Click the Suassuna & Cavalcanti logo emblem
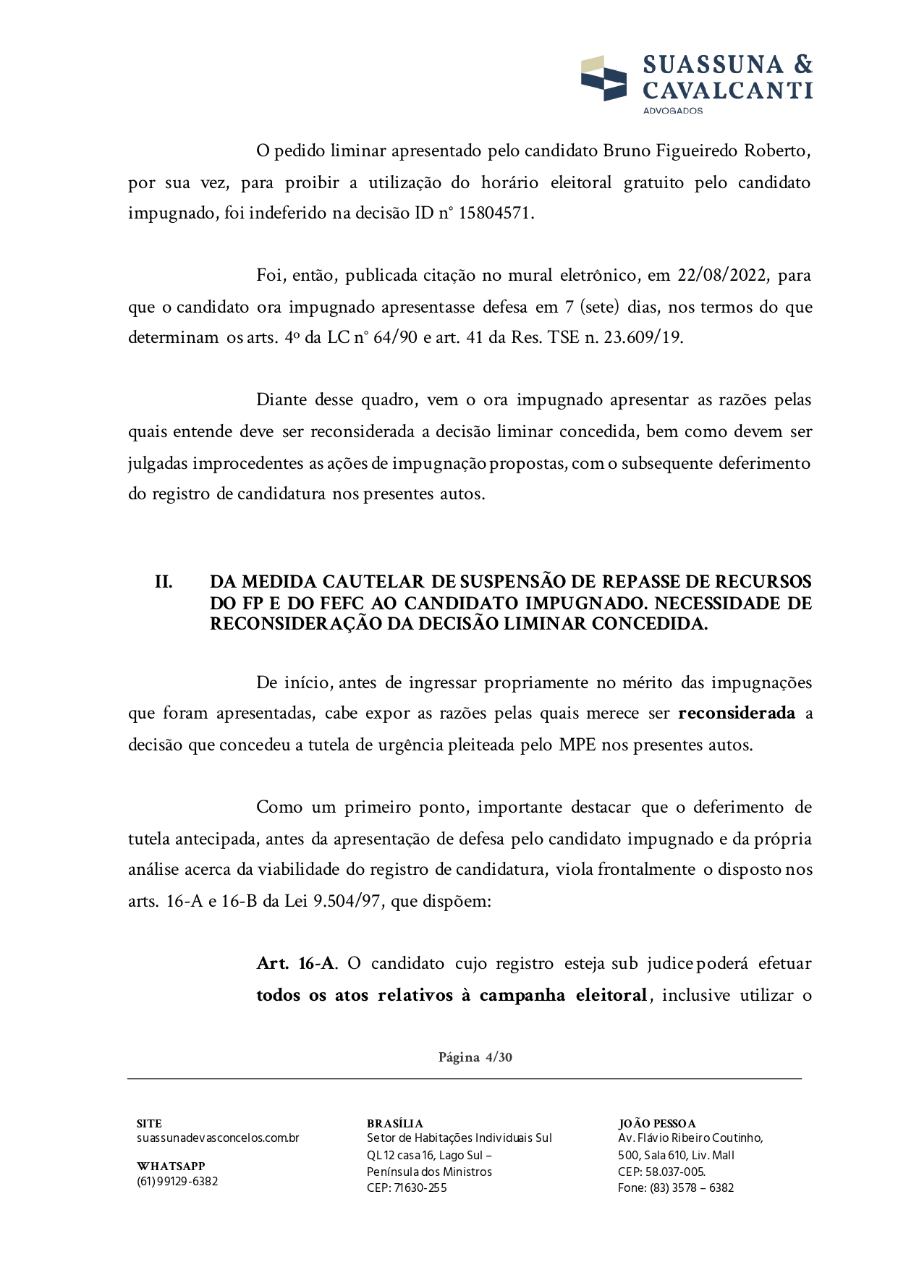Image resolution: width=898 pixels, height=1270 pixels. point(603,78)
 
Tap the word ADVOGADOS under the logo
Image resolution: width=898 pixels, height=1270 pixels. point(672,111)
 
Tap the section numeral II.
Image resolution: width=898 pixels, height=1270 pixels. point(164,583)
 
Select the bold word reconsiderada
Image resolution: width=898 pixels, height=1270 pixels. point(737,714)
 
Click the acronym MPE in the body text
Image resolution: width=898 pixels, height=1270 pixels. point(577,745)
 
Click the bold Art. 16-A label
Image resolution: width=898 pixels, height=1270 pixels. point(295,964)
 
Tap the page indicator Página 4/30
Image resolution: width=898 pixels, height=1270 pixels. point(475,1057)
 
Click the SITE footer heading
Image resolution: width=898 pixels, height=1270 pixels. point(149,1124)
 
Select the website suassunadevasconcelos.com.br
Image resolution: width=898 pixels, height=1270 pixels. point(218,1138)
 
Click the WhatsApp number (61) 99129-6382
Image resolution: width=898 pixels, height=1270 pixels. point(177,1182)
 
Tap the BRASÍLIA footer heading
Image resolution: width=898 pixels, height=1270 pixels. point(394,1124)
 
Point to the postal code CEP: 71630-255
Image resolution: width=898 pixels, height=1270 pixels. point(407,1188)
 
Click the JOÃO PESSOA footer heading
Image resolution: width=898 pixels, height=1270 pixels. point(657,1124)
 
